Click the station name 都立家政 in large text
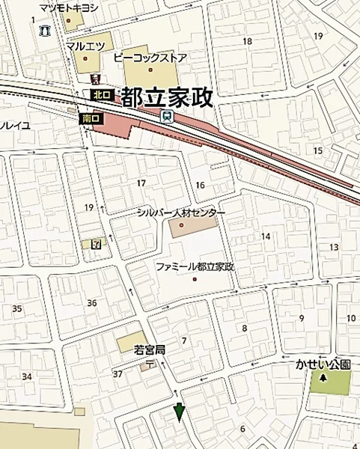(167, 97)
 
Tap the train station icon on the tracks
(166, 115)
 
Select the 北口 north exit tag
(101, 95)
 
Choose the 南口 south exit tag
(90, 118)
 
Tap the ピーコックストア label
(149, 57)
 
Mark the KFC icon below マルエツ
(94, 79)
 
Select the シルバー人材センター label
(180, 213)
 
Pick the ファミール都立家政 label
(195, 266)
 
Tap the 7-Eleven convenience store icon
(95, 244)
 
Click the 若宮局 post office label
(149, 349)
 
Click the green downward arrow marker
(179, 412)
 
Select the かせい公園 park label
(323, 364)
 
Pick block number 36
(92, 302)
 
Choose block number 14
(265, 236)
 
